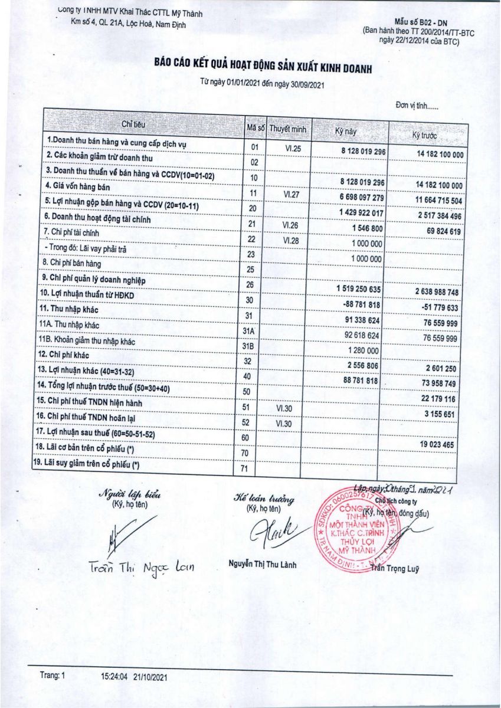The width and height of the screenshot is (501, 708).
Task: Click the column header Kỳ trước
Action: coord(425,136)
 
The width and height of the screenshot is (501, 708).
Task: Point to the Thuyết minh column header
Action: coord(287,128)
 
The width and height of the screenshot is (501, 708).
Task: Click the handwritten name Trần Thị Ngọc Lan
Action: coord(142,567)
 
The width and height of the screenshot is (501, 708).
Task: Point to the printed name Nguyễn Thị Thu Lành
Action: coord(263,565)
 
